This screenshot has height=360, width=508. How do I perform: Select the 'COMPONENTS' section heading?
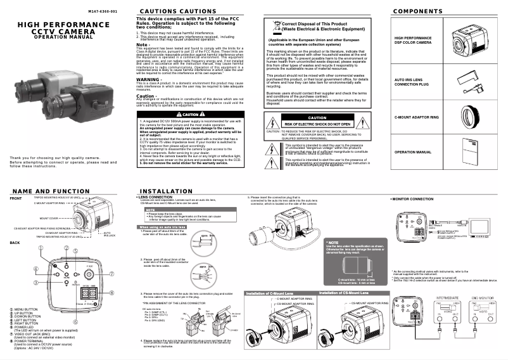coord(417,12)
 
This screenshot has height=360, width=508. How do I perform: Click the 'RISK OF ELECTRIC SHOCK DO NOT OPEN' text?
coord(317,124)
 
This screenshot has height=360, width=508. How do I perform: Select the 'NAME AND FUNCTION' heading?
coord(50,191)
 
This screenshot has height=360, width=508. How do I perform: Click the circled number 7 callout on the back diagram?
coord(112,274)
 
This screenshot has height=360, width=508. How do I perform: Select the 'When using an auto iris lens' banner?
coord(162,226)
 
